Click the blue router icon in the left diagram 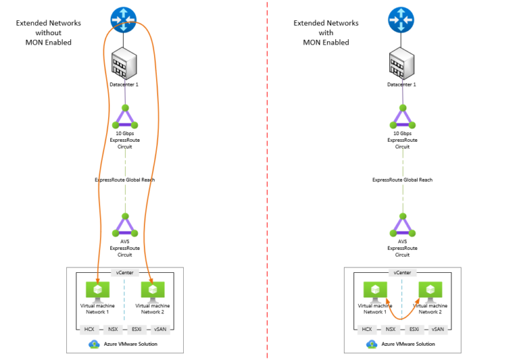point(125,19)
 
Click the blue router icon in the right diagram point(401,19)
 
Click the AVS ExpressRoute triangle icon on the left point(125,226)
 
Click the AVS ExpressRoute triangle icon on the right point(402,226)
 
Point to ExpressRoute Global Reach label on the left point(124,180)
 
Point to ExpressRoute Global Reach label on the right point(402,180)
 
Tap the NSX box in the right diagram point(391,329)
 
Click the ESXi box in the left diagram point(137,329)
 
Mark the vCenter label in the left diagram point(125,273)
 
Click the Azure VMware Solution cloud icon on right point(371,344)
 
